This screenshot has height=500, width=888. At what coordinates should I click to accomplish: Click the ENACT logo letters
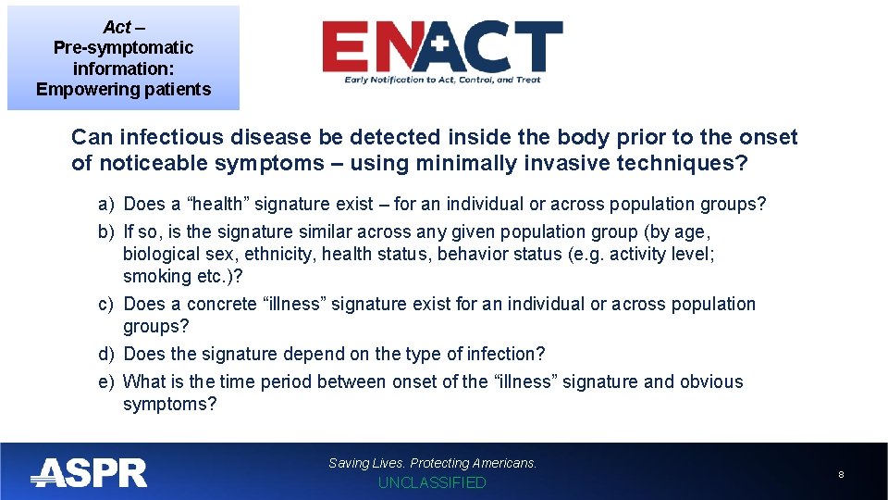click(x=441, y=47)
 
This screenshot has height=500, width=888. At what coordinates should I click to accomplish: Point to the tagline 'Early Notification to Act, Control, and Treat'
click(x=442, y=81)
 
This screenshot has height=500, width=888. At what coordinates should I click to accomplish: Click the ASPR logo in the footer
click(x=89, y=473)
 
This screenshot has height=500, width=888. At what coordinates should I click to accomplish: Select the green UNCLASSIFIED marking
click(x=432, y=482)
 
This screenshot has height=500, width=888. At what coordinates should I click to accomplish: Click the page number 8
click(x=841, y=474)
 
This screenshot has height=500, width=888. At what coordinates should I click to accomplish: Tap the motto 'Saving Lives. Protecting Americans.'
click(x=432, y=463)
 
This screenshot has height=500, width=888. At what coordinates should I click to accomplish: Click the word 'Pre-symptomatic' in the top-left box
click(x=123, y=47)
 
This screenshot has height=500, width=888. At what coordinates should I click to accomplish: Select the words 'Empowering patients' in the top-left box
click(x=123, y=90)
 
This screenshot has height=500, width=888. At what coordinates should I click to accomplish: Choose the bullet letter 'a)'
click(x=106, y=204)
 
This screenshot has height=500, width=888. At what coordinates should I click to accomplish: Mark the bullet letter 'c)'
click(x=106, y=304)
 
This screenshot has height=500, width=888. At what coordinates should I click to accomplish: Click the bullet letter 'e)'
click(x=106, y=381)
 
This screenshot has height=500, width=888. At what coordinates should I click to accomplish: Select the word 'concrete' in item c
click(x=223, y=304)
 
